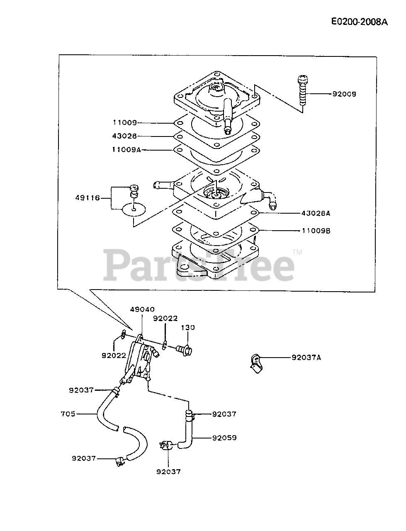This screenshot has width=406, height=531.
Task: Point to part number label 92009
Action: (x=344, y=94)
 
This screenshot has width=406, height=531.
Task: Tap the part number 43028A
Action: (x=316, y=213)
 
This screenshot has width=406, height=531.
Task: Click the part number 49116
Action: (x=88, y=198)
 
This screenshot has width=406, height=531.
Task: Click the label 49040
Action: (x=142, y=309)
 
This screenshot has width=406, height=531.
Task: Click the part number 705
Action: (x=68, y=414)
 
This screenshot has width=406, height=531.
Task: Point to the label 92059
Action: (x=224, y=438)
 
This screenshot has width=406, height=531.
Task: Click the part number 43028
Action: (x=124, y=136)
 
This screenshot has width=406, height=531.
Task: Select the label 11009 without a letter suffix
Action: (x=124, y=122)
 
